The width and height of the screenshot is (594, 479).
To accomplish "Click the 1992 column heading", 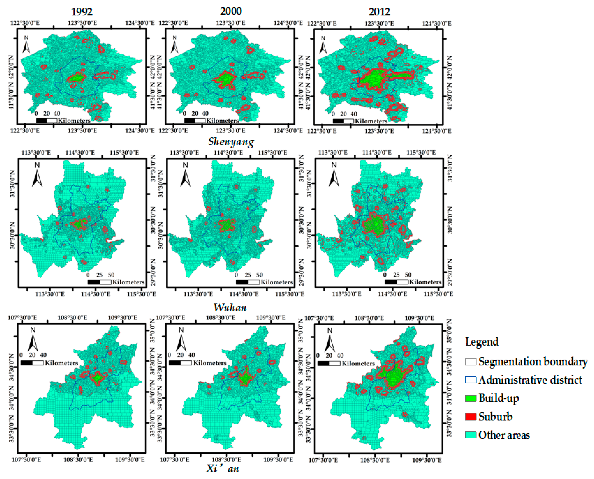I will point(82,12).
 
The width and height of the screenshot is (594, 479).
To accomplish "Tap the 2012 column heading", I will point(379,12).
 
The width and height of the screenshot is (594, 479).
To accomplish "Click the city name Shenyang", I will point(231,142).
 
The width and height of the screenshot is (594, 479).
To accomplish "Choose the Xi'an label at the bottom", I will point(222,468).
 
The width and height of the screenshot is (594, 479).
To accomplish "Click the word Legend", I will point(482,342).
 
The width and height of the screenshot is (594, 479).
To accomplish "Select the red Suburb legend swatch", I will point(471,416).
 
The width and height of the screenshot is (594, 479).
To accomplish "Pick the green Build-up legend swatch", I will point(471,398).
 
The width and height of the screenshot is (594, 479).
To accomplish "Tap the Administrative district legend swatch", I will point(471,380).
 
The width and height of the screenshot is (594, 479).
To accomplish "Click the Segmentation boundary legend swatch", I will point(471,362).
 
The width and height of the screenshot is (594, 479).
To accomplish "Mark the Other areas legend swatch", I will point(471,435).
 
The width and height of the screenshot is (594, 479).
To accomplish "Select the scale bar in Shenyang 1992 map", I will point(46,121).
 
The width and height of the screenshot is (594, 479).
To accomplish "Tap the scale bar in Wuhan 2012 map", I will point(396,282).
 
